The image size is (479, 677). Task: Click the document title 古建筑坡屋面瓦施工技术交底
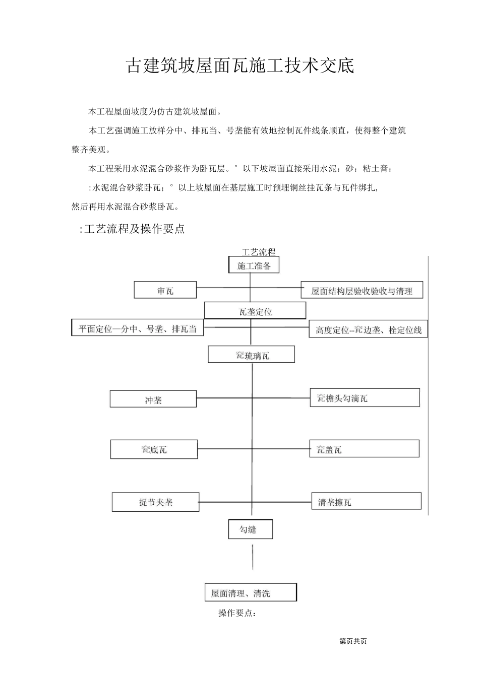tap(239, 66)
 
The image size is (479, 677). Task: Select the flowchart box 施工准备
tap(254, 266)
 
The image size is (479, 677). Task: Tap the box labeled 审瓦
tap(165, 291)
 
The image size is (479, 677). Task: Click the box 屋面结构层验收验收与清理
tap(362, 291)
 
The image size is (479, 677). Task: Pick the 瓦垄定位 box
tap(255, 311)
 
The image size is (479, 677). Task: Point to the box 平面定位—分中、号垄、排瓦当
tap(137, 329)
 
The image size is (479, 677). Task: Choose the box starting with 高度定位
tap(368, 330)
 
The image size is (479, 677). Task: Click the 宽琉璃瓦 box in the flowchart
tap(252, 355)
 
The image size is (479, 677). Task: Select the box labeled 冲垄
tap(153, 400)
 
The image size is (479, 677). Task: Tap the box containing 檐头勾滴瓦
tap(365, 398)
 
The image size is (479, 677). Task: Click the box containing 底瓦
tap(154, 449)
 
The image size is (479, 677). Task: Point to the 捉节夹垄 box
tap(155, 502)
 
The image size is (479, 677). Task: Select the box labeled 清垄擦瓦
tap(366, 502)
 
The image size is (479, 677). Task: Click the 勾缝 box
tap(250, 529)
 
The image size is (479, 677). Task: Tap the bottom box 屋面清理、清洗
tap(251, 593)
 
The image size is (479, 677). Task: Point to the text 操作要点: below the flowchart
tap(237, 613)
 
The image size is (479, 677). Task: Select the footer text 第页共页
tap(353, 641)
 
